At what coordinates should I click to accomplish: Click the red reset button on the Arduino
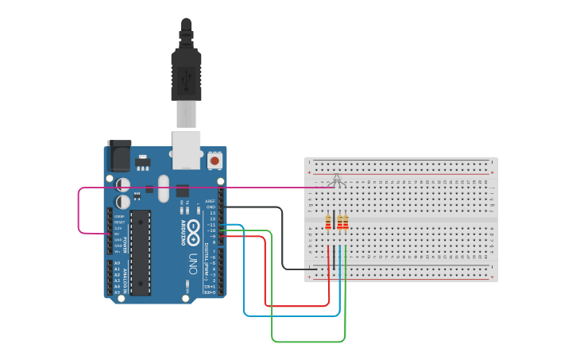[x=214, y=161]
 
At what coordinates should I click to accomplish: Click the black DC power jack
[x=119, y=156]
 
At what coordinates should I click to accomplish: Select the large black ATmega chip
[x=141, y=252]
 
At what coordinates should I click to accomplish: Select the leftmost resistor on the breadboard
[x=328, y=222]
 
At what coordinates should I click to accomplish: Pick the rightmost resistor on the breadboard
[x=346, y=222]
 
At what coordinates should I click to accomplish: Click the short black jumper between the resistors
[x=334, y=222]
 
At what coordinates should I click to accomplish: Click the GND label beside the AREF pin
[x=211, y=207]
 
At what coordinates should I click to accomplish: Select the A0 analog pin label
[x=117, y=263]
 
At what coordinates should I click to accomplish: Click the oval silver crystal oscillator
[x=164, y=188]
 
